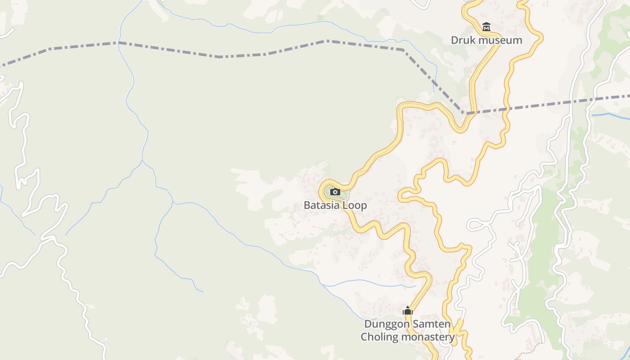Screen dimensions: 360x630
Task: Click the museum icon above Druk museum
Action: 486,27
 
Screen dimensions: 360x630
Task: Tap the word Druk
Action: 463,40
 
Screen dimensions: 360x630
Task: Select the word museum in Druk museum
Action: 500,40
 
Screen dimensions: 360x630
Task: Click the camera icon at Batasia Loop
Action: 335,192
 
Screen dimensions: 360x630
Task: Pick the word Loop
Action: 355,206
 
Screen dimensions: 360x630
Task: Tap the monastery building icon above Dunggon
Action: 408,310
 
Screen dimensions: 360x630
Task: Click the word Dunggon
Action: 383,324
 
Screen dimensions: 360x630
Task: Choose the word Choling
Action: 379,337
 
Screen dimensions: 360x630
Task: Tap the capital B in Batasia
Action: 307,205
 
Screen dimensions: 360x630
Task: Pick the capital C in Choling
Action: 364,337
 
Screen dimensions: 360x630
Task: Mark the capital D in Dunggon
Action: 368,324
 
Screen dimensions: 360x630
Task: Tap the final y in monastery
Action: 452,338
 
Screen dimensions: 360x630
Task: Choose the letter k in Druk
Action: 473,40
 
